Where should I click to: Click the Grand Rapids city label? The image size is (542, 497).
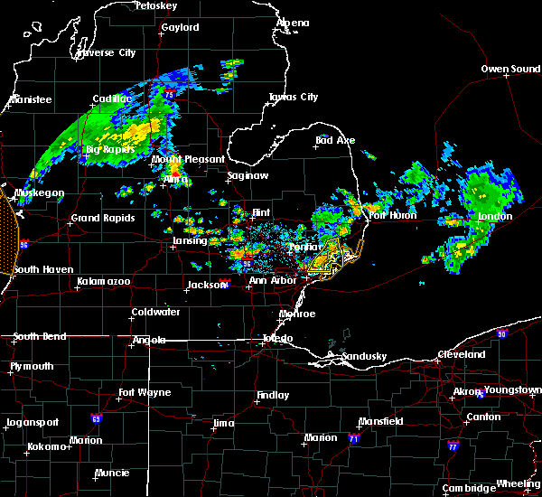[103, 218]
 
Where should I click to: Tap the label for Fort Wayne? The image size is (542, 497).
[145, 392]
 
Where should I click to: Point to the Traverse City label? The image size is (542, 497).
[107, 53]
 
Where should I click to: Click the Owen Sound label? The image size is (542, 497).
[510, 69]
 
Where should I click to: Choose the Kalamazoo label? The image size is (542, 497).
[103, 282]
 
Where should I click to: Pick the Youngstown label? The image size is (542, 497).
[511, 390]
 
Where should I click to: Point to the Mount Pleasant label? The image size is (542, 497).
[188, 159]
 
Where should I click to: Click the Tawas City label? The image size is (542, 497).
[294, 97]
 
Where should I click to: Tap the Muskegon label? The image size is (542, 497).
[39, 192]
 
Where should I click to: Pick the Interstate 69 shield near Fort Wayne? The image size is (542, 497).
[95, 418]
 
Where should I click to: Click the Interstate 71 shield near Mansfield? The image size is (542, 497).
[354, 438]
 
